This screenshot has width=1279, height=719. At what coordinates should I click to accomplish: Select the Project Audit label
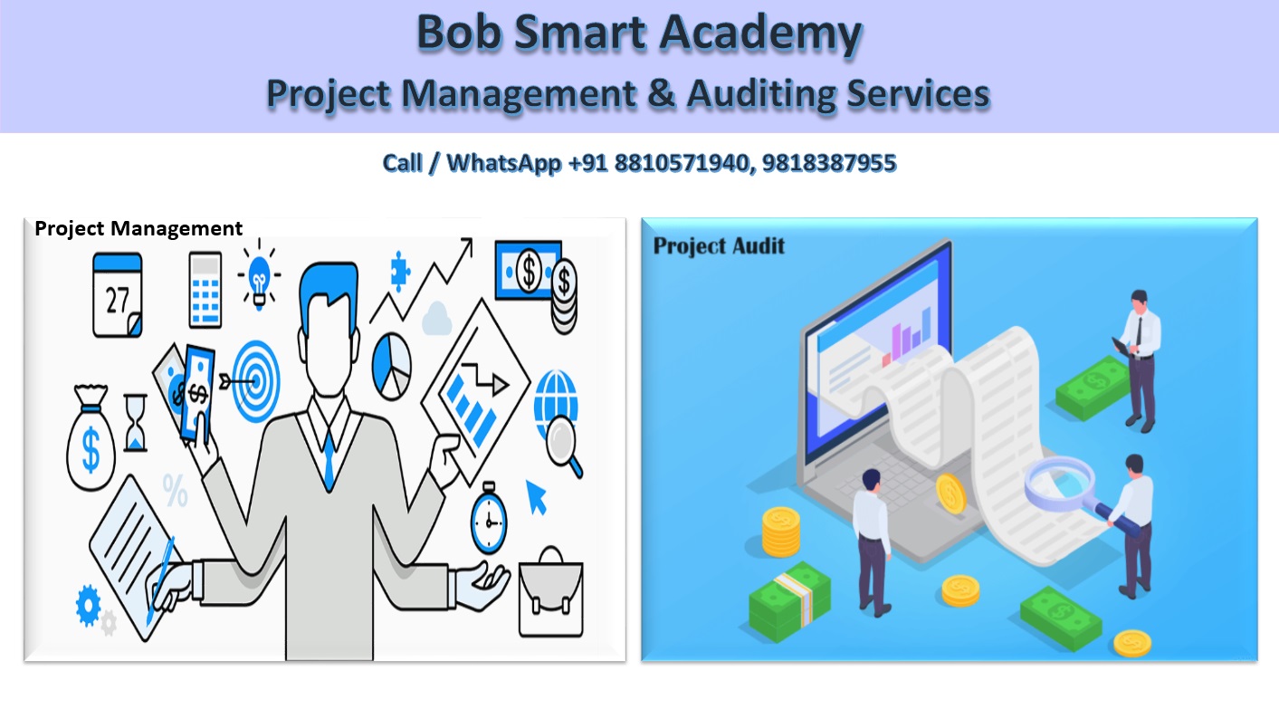[x=719, y=245]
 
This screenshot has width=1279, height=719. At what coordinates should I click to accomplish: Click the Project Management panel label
[x=138, y=228]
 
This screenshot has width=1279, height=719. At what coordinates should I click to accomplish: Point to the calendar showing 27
[x=118, y=295]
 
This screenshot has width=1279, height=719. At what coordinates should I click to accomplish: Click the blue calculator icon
[x=205, y=289]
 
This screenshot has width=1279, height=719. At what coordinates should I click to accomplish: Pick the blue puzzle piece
[x=398, y=268]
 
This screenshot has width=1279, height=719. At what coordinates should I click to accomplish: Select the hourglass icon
[x=135, y=421]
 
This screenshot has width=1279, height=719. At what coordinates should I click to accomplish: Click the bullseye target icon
[x=255, y=380]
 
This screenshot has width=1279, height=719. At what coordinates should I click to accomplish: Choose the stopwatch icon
[x=489, y=520]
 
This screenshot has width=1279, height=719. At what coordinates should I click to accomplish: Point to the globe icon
[x=554, y=395]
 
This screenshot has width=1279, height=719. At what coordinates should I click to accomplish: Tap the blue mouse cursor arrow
[x=538, y=497]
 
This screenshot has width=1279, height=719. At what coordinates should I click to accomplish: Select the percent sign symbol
[x=175, y=493]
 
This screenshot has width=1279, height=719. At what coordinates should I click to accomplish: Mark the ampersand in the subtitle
[x=662, y=94]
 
